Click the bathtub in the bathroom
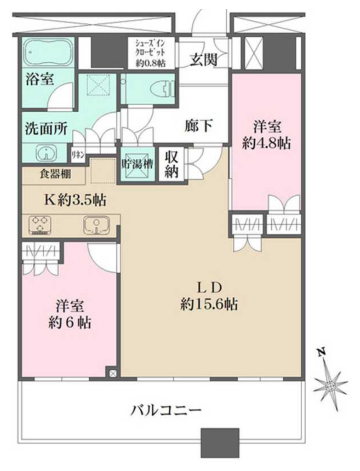[x=48, y=52]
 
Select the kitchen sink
[x=96, y=224]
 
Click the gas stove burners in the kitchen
[x=40, y=224]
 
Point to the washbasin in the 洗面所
[x=46, y=153]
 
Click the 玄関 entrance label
[x=203, y=59]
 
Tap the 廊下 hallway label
[x=199, y=125]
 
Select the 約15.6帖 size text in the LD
[x=209, y=304]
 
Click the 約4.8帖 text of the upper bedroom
[x=266, y=144]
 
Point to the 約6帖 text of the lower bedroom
[x=70, y=323]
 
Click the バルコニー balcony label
[x=166, y=410]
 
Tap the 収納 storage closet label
[x=171, y=165]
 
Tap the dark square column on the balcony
[x=220, y=438]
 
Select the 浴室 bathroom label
[x=40, y=79]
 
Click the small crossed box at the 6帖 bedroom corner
[x=113, y=373]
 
